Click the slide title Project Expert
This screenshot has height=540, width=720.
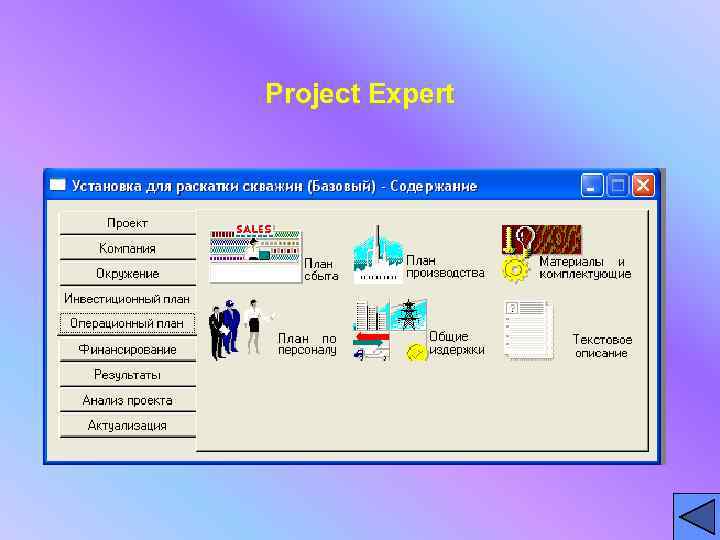click(360, 94)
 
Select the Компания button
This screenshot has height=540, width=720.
click(127, 248)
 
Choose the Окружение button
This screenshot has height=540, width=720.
click(127, 273)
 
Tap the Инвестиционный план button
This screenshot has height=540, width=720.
click(127, 298)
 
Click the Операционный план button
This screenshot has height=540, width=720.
click(127, 323)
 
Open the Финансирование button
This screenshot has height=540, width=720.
click(127, 349)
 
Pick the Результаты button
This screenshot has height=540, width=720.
click(127, 374)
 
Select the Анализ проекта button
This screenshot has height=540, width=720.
click(127, 400)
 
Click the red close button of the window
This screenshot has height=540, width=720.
click(642, 185)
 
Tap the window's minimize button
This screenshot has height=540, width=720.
click(593, 185)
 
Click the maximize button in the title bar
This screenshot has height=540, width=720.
click(617, 185)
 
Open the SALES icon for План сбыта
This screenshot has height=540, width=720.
click(254, 253)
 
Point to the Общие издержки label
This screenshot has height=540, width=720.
click(457, 343)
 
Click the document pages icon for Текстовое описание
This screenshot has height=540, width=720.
click(528, 330)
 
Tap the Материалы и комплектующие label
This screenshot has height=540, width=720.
click(585, 268)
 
